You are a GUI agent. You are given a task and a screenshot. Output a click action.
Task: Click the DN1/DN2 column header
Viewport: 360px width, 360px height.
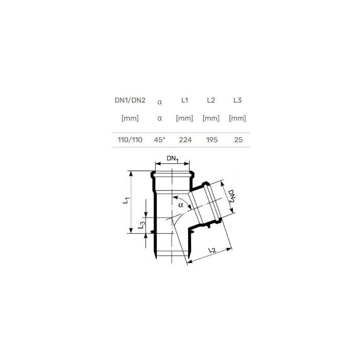click(130, 100)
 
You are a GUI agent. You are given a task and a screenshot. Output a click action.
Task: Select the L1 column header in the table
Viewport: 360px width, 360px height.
click(184, 100)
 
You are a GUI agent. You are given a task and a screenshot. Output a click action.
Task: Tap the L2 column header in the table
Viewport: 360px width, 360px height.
click(211, 100)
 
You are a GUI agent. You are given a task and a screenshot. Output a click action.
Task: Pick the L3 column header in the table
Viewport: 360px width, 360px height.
click(238, 100)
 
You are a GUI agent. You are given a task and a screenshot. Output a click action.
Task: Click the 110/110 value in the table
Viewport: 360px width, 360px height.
click(130, 140)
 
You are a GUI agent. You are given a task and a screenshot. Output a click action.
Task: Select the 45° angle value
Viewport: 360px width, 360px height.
click(160, 140)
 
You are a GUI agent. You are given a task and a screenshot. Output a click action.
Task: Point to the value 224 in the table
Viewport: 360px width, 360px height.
click(185, 140)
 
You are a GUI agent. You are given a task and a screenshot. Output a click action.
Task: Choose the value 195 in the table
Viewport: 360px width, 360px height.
click(211, 140)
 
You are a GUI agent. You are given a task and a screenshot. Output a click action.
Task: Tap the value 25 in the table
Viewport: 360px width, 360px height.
click(238, 140)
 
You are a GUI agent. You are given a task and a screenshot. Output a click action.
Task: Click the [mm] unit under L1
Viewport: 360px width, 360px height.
click(184, 118)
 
